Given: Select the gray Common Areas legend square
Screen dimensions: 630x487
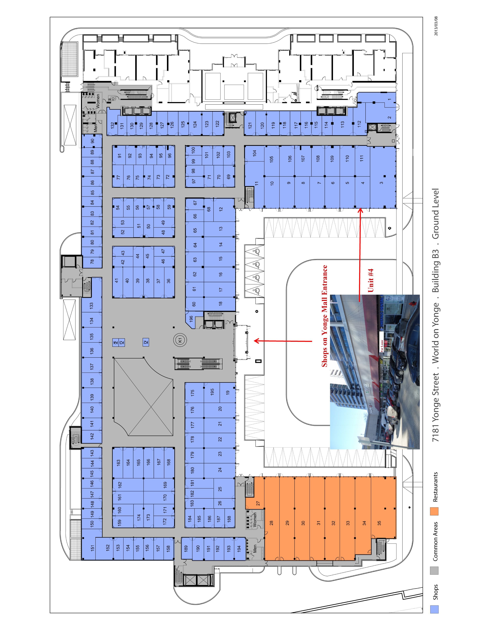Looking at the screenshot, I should [434, 571].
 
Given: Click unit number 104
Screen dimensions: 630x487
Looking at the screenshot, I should [254, 153].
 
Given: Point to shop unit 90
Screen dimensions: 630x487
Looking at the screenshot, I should [92, 141].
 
